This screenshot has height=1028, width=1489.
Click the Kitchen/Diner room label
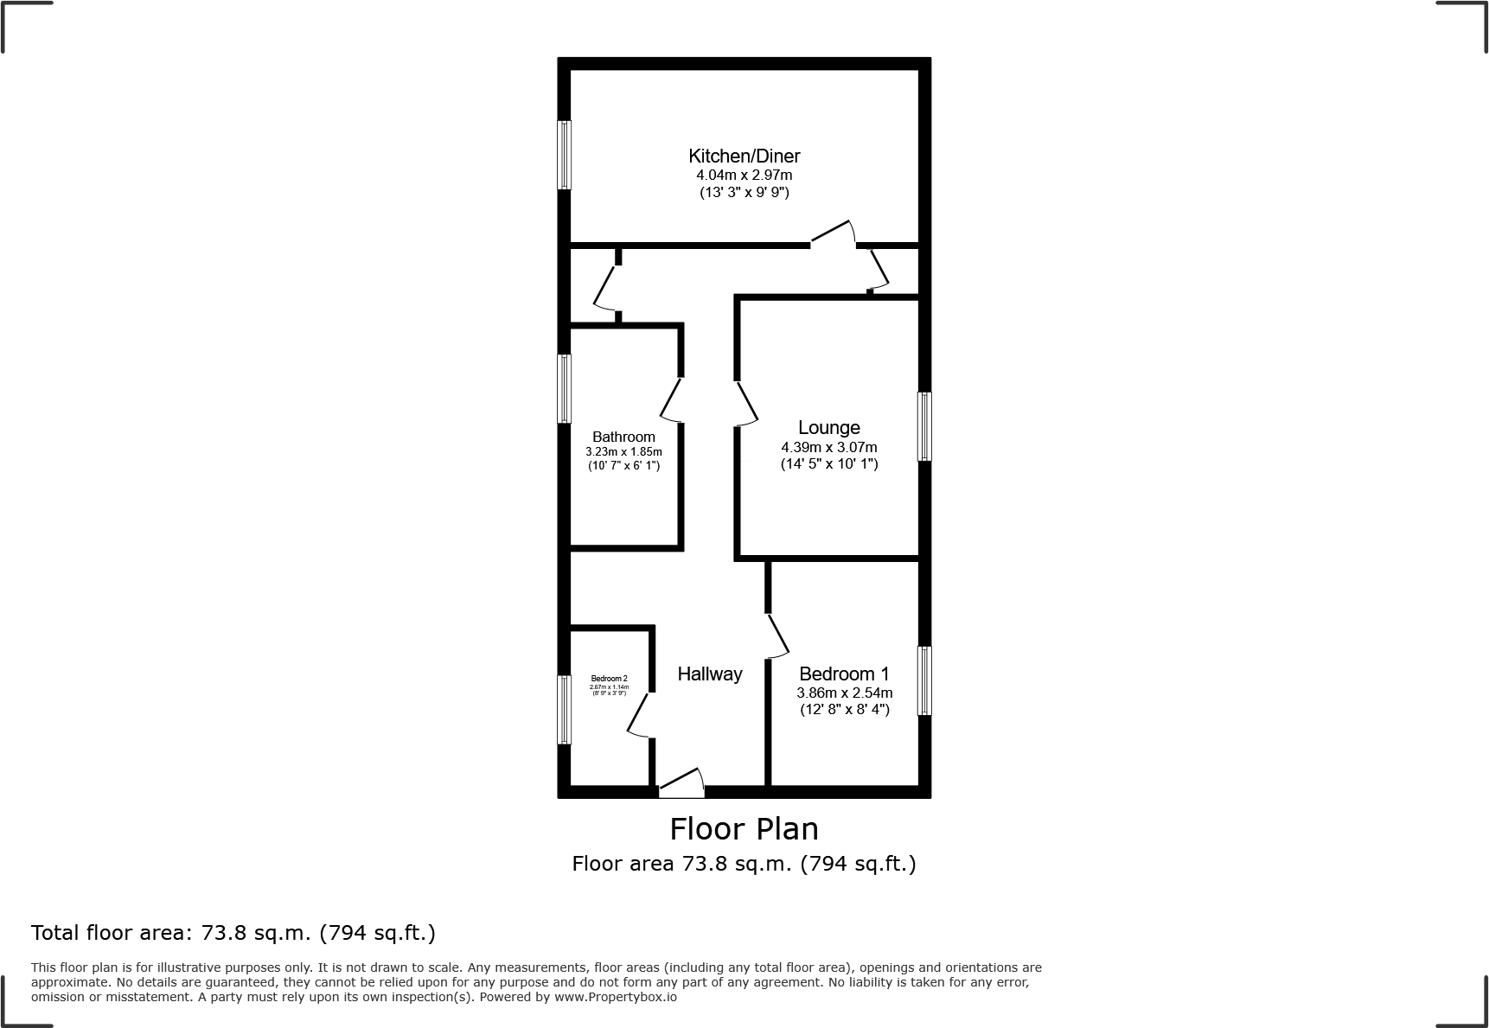(744, 156)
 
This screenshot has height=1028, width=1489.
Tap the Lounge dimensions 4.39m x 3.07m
(828, 447)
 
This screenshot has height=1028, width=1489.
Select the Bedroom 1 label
(844, 674)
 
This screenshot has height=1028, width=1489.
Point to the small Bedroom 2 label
(609, 679)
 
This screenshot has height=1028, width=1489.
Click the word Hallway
(709, 674)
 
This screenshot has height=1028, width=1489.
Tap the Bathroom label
(623, 437)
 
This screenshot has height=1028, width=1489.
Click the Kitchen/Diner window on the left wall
(564, 155)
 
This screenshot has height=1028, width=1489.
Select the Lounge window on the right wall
(924, 426)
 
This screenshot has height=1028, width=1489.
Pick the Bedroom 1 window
(924, 680)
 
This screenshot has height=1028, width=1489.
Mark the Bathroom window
(564, 388)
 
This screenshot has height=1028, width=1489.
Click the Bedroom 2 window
(564, 709)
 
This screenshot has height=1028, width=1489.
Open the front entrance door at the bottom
(681, 784)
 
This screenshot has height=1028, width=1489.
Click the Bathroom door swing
(672, 400)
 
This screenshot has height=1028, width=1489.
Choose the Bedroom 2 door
(639, 715)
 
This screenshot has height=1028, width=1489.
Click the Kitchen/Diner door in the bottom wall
(833, 234)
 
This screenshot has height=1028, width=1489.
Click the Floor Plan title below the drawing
(744, 828)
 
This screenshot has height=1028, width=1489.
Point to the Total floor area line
(233, 933)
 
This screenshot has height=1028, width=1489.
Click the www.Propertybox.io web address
(616, 997)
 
